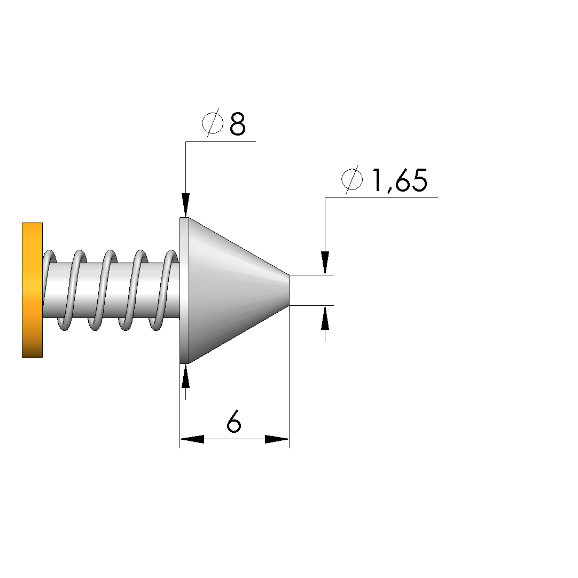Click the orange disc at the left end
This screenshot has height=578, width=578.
32,290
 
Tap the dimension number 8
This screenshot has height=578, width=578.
237,124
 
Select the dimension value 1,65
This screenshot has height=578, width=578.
400,180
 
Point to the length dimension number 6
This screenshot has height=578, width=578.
234,421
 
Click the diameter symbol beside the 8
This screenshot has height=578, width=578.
213,123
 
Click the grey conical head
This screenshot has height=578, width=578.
238,290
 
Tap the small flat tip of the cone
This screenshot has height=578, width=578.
289,290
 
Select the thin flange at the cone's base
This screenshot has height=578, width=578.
184,290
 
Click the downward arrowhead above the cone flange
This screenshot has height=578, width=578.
185,205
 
